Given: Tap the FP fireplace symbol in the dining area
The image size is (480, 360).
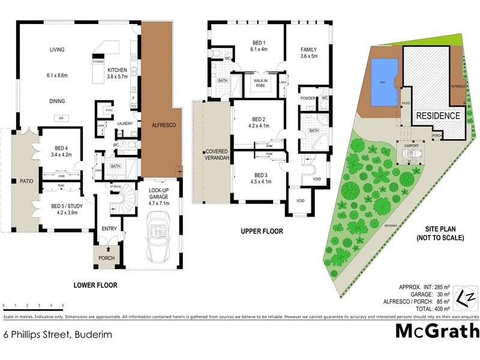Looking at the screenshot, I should pyautogui.click(x=61, y=118).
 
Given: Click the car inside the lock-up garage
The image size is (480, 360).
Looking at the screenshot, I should pyautogui.click(x=160, y=239).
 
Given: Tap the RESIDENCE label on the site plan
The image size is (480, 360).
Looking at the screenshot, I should pyautogui.click(x=438, y=116).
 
